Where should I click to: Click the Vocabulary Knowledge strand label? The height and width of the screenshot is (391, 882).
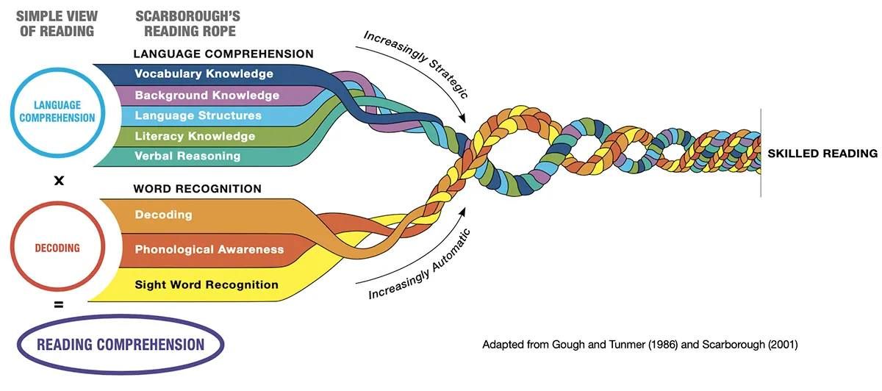[204, 73]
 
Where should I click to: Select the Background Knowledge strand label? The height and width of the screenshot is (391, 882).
[207, 96]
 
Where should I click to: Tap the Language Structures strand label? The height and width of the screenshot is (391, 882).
[198, 115]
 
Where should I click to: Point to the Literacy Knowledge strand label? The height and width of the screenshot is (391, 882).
[195, 136]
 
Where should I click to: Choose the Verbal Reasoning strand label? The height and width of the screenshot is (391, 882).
[187, 156]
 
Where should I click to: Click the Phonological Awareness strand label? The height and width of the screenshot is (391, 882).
[209, 249]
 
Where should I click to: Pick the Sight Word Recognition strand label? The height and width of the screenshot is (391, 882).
[207, 284]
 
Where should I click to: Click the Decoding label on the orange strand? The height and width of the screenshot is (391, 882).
[163, 215]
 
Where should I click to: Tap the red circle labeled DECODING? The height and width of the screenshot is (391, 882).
[57, 203]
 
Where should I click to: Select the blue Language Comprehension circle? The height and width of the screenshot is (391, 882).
[57, 70]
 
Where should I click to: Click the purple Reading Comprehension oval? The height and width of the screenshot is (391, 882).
[121, 317]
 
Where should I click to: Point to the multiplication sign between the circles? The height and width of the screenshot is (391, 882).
[59, 181]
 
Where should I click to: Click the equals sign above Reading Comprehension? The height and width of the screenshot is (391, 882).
[59, 304]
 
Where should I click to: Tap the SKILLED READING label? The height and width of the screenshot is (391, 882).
[822, 153]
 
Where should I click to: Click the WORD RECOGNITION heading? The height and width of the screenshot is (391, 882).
[197, 189]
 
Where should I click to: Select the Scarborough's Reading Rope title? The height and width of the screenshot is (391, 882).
[188, 24]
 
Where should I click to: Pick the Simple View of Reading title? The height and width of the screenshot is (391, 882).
[57, 24]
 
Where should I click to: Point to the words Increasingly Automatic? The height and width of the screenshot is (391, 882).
[420, 264]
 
